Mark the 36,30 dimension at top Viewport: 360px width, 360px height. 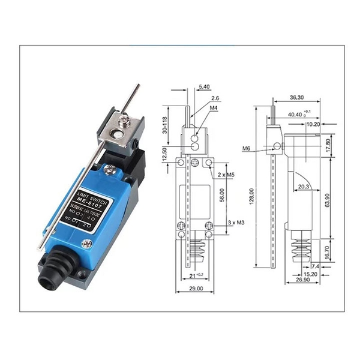point(297,97)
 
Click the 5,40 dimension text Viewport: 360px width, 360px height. point(203,87)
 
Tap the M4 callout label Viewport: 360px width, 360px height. point(214,107)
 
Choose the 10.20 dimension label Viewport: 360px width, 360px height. point(313,125)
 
